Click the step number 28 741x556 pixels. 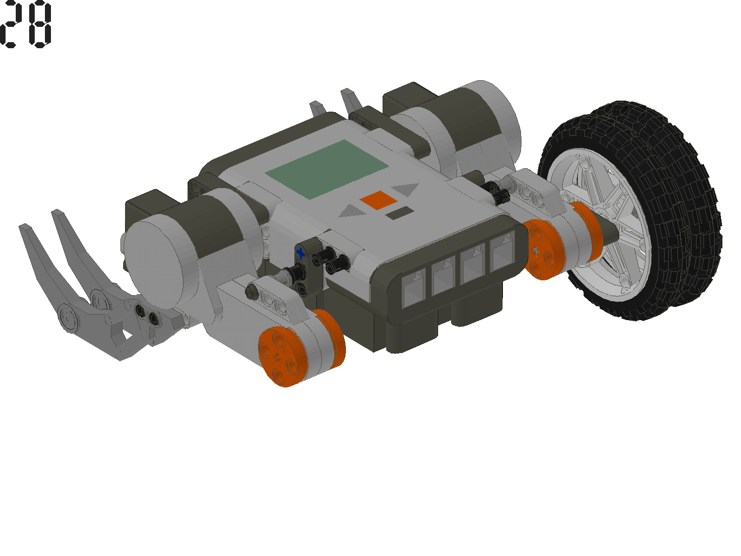[x=25, y=24]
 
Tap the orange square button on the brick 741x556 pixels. [x=378, y=200]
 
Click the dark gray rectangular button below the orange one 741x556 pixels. [x=399, y=214]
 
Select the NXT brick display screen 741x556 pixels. [x=327, y=169]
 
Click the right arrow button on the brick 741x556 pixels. [x=407, y=189]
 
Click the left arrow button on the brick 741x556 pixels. [x=352, y=212]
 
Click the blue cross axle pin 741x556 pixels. [x=301, y=253]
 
